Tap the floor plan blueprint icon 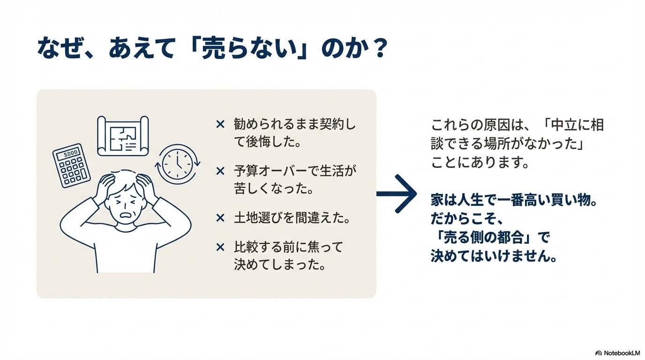tap(123, 136)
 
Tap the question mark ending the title tap(378, 49)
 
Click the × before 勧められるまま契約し tap(220, 124)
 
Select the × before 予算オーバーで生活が tap(220, 171)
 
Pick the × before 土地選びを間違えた tap(220, 217)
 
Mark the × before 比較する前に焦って tap(220, 247)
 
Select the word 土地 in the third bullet tap(246, 217)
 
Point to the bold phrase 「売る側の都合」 tap(484, 238)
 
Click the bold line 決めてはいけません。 tap(494, 256)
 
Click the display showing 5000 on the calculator tap(70, 153)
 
